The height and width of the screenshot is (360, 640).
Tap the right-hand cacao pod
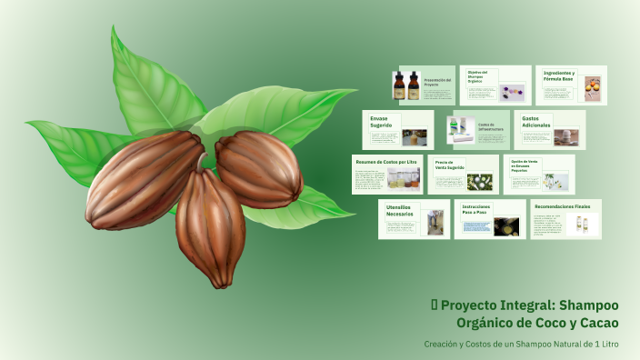(258, 168)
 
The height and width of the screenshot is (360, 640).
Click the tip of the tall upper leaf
(114, 29)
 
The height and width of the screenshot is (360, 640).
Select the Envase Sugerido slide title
(381, 122)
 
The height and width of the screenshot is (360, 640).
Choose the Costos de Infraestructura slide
(491, 128)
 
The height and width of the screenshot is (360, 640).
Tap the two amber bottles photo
(407, 85)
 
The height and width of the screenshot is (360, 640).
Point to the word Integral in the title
(522, 305)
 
